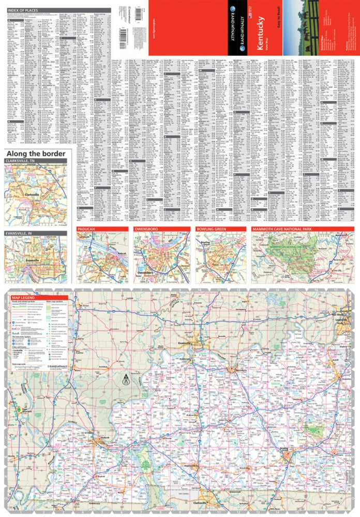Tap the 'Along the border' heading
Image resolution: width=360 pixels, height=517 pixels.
click(35, 154)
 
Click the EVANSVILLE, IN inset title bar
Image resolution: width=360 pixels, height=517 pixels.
click(23, 234)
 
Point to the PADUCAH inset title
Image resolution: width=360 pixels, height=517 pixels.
click(87, 229)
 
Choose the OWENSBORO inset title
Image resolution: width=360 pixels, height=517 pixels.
click(147, 229)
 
